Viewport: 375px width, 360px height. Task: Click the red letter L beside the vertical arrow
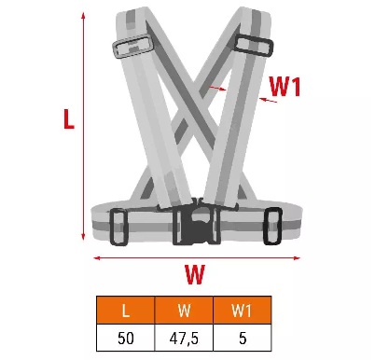tap(69, 118)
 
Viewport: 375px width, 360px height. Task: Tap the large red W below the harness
tap(195, 274)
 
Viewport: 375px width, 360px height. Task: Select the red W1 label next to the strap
tap(285, 87)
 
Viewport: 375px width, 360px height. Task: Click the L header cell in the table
tap(126, 310)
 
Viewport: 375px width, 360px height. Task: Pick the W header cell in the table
tap(184, 310)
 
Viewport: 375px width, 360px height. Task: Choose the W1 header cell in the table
tap(242, 310)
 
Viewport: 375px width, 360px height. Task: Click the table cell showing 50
tap(126, 338)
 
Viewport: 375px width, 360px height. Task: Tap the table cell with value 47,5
tap(184, 338)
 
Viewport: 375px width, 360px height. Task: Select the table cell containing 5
tap(242, 338)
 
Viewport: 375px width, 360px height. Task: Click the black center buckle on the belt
tap(197, 224)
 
